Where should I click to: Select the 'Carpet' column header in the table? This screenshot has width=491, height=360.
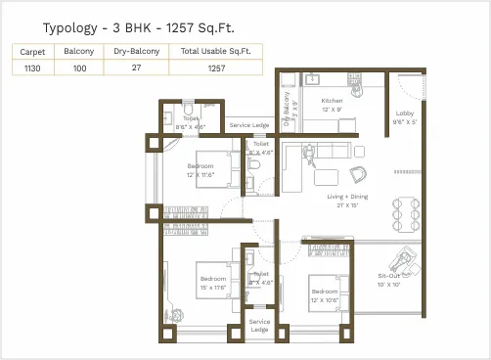pyautogui.click(x=32, y=50)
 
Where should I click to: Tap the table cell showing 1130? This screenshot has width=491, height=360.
pyautogui.click(x=32, y=67)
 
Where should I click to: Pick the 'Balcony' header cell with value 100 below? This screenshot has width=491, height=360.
pyautogui.click(x=79, y=50)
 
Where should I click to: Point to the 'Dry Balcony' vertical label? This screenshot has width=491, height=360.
pyautogui.click(x=287, y=110)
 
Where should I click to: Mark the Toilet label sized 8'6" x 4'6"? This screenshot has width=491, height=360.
pyautogui.click(x=190, y=122)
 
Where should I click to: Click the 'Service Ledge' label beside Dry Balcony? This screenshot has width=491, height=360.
pyautogui.click(x=248, y=125)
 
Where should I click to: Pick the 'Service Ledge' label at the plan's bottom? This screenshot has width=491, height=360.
pyautogui.click(x=259, y=325)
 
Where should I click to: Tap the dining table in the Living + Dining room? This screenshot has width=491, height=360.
pyautogui.click(x=401, y=209)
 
